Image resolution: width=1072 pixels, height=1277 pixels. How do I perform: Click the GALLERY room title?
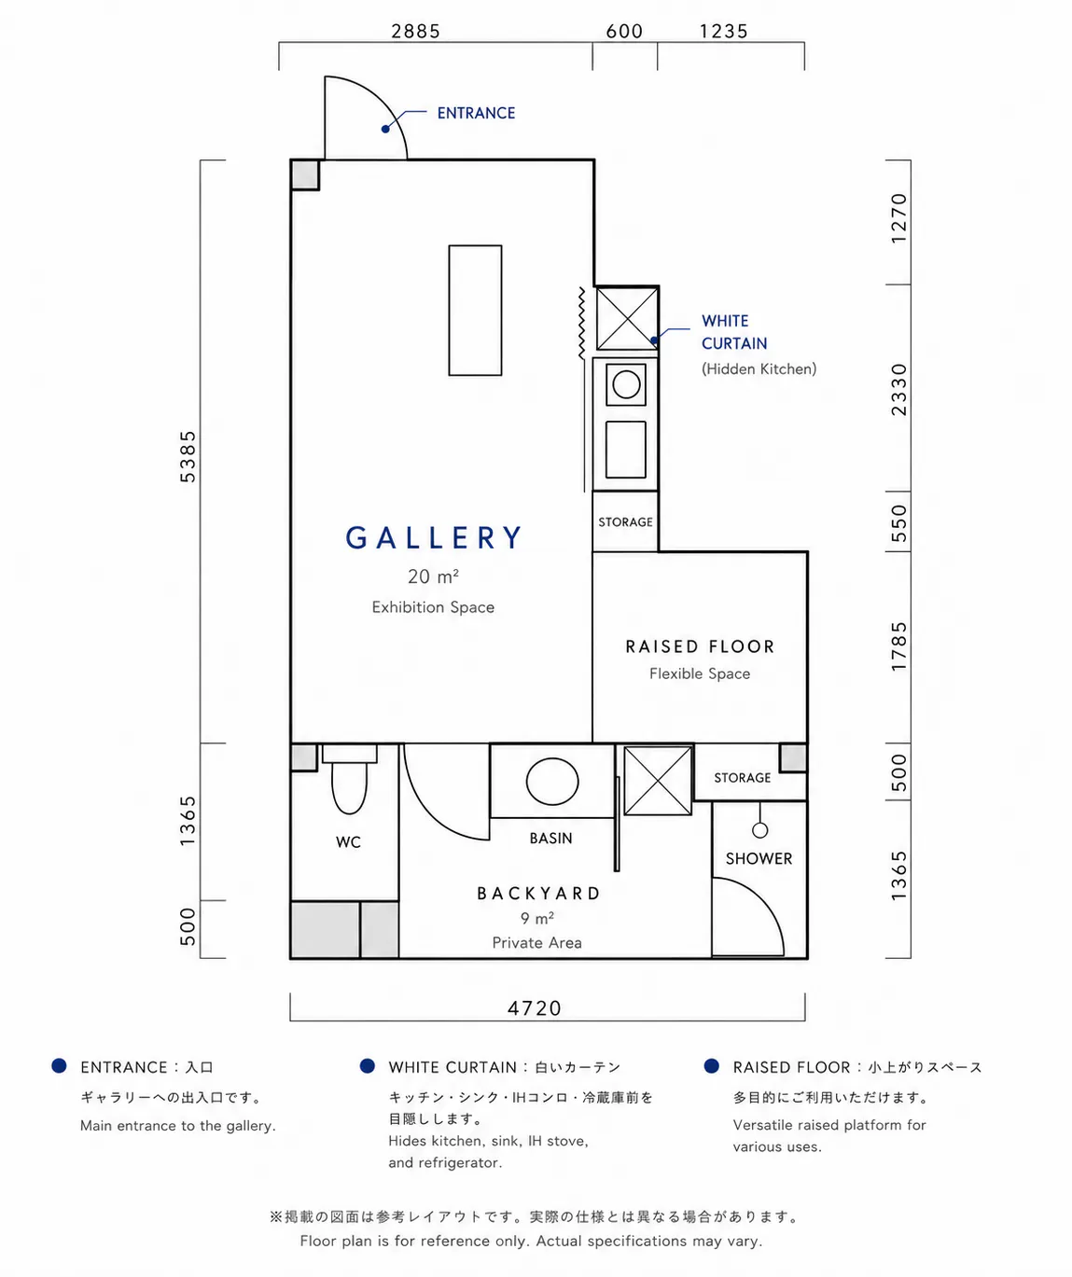tap(433, 538)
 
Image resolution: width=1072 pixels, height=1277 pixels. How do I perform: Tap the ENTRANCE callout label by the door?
tap(476, 113)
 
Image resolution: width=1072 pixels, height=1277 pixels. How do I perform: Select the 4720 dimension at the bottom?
tap(535, 1008)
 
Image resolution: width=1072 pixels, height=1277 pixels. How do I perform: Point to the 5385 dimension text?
tap(188, 457)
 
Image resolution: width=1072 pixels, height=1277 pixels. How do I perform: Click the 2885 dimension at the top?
tap(415, 31)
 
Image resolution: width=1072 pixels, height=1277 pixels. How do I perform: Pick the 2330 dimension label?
tap(898, 390)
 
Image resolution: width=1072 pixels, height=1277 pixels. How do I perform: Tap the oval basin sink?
tap(552, 782)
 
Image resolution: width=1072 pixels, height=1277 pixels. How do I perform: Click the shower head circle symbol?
tap(760, 830)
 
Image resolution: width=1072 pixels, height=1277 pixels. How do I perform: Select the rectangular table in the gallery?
tap(476, 310)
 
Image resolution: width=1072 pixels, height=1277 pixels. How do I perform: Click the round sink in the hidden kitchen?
tap(626, 384)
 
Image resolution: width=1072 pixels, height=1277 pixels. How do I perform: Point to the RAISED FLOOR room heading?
tap(700, 646)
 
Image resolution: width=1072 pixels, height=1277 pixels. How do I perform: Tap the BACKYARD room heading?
tap(539, 894)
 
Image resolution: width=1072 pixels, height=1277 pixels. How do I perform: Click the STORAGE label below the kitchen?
tap(625, 521)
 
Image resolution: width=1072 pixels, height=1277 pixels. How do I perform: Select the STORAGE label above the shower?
tap(743, 777)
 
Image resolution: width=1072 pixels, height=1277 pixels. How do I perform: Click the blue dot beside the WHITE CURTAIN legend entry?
tap(367, 1066)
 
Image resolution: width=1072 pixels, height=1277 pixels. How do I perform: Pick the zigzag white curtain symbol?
tap(582, 323)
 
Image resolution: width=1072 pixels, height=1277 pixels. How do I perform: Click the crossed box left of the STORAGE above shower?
tap(658, 781)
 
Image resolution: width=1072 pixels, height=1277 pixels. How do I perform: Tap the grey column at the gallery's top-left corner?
tap(305, 175)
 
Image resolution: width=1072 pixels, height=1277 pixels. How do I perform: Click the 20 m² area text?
tap(433, 576)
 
